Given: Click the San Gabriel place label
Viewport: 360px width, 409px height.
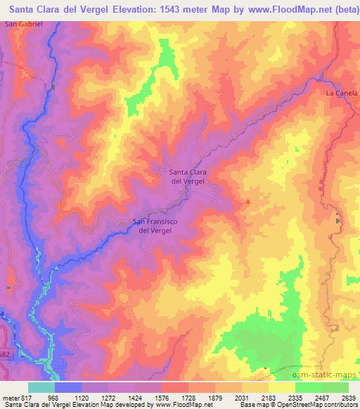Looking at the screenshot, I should click(24, 23).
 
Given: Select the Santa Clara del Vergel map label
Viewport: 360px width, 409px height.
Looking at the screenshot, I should click(188, 176).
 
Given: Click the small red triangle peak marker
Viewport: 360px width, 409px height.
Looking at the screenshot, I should click(247, 202).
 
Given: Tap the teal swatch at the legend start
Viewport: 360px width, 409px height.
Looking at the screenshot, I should click(41, 388).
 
